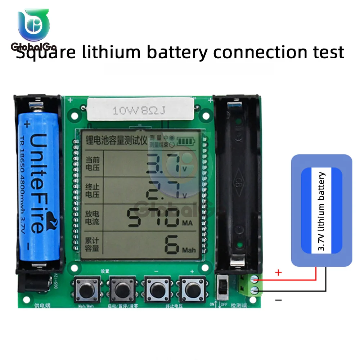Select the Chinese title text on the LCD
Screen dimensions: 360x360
116,140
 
